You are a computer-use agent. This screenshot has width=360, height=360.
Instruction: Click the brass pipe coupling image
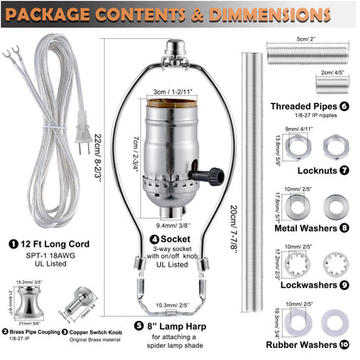click(x=31, y=318)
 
